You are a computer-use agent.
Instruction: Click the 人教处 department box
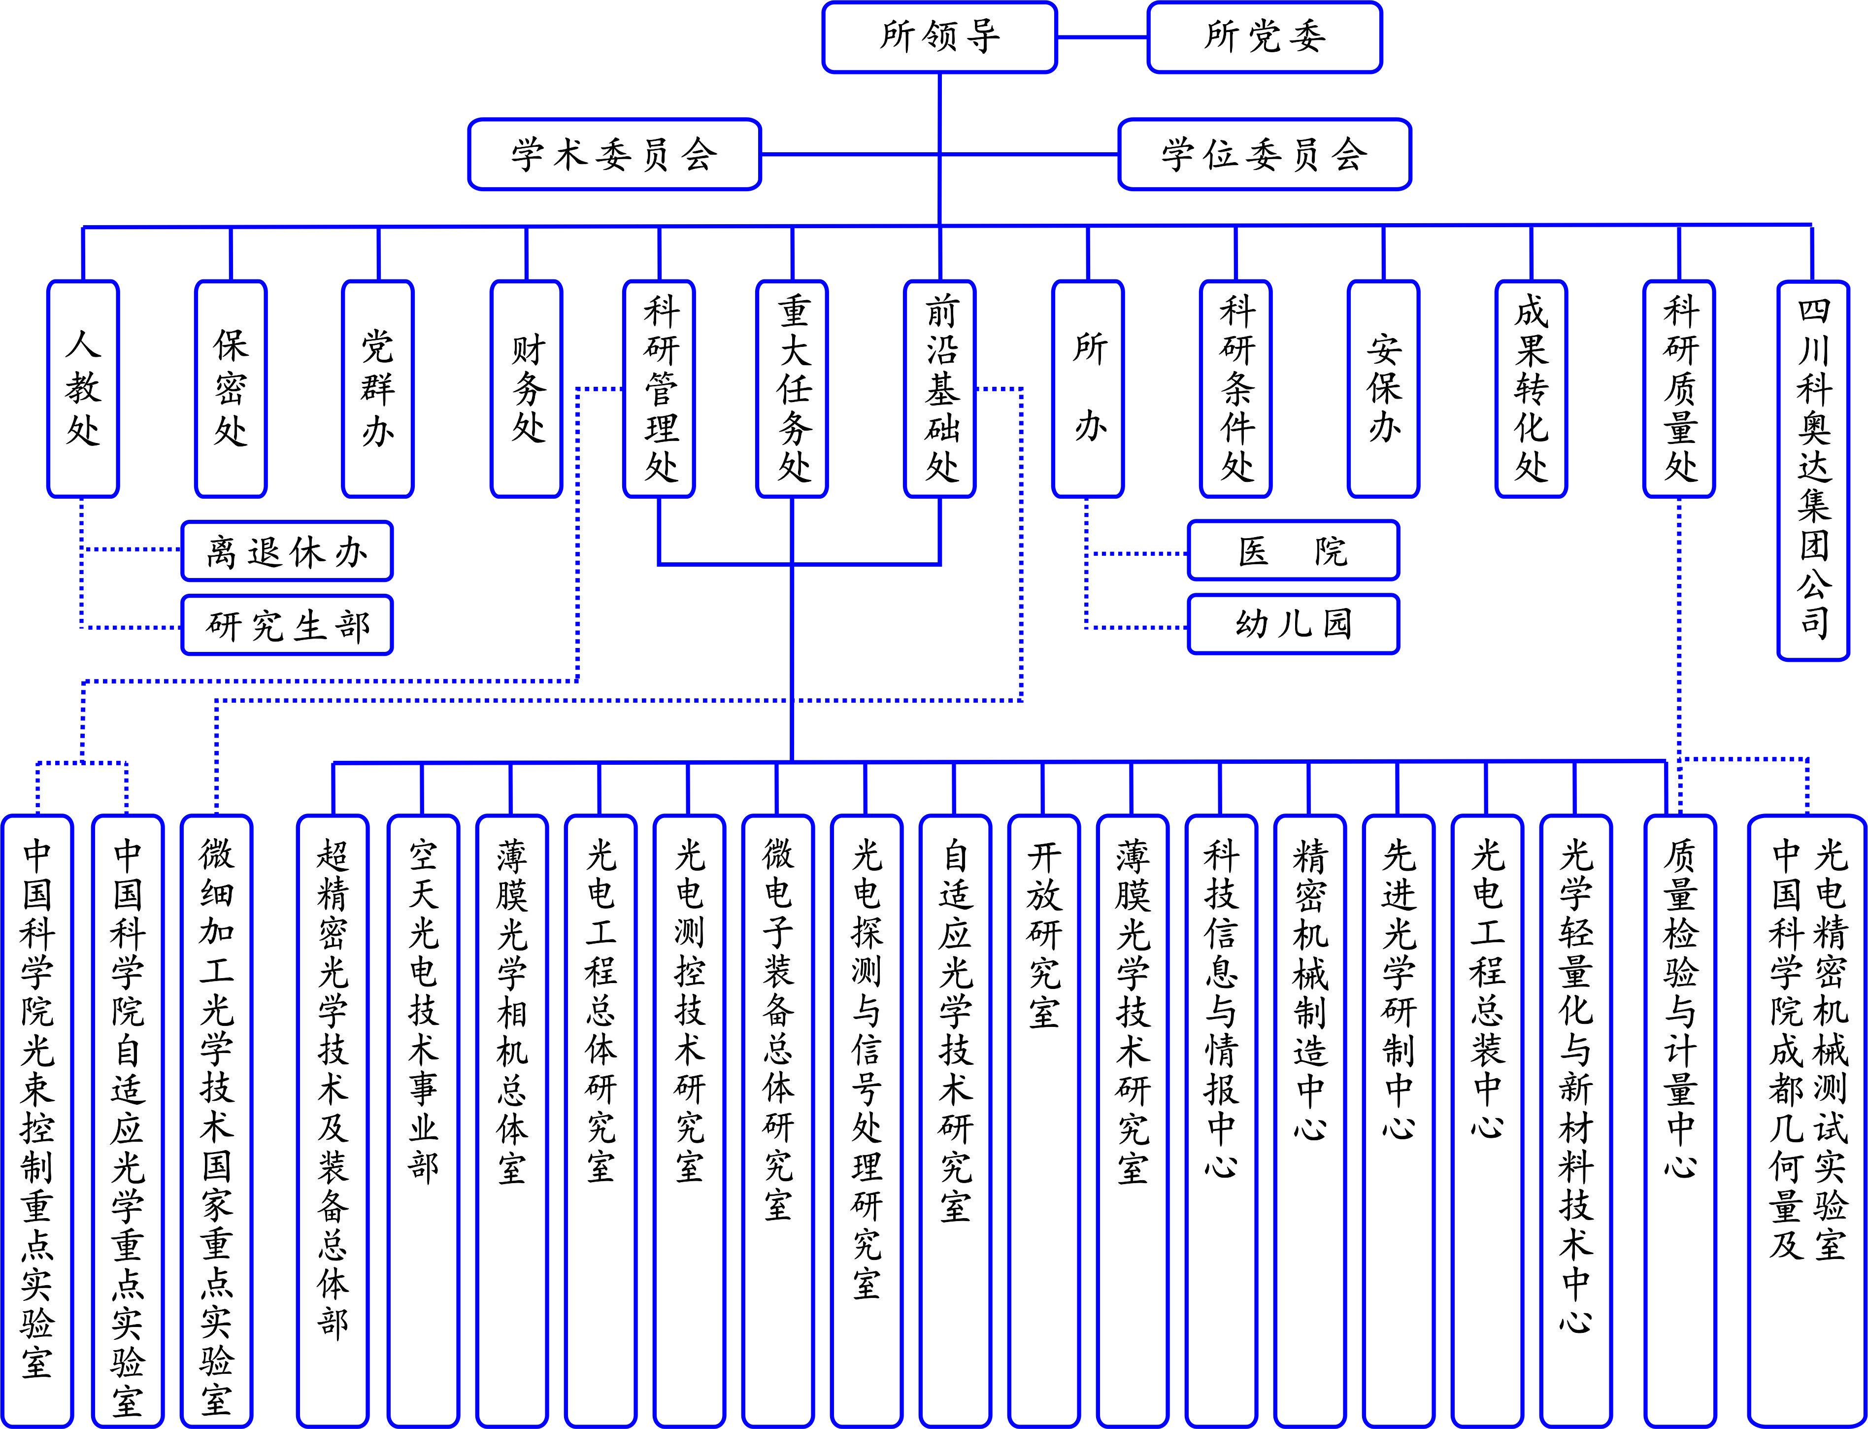[82, 389]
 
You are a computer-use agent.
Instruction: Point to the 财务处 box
[526, 389]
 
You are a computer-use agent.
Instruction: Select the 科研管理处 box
[659, 389]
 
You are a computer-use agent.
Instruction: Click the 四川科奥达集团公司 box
[1813, 471]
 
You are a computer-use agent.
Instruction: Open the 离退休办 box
[287, 551]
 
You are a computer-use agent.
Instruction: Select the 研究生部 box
[287, 625]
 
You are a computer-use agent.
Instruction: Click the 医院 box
[1293, 551]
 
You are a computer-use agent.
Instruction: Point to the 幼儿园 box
[1293, 624]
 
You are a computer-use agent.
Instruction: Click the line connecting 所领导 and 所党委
[1102, 37]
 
